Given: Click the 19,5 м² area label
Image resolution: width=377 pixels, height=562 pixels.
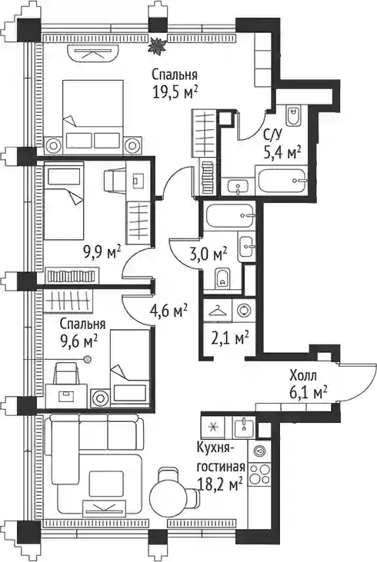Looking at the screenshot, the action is (175, 93).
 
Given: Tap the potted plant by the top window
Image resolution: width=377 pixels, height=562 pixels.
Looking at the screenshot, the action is (157, 46).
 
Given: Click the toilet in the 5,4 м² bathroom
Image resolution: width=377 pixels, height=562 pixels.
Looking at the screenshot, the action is (294, 115).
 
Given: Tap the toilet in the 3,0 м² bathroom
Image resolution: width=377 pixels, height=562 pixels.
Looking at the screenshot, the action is (223, 278).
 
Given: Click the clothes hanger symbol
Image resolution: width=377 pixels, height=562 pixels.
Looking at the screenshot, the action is (218, 311).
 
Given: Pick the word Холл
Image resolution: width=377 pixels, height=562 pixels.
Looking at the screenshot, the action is (303, 376).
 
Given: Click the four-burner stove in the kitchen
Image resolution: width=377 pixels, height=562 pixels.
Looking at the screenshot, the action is (260, 474).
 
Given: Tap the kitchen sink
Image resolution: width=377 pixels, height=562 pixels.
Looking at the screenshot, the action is (244, 427).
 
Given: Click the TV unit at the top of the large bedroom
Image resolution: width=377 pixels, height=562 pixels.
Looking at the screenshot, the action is (92, 54).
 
